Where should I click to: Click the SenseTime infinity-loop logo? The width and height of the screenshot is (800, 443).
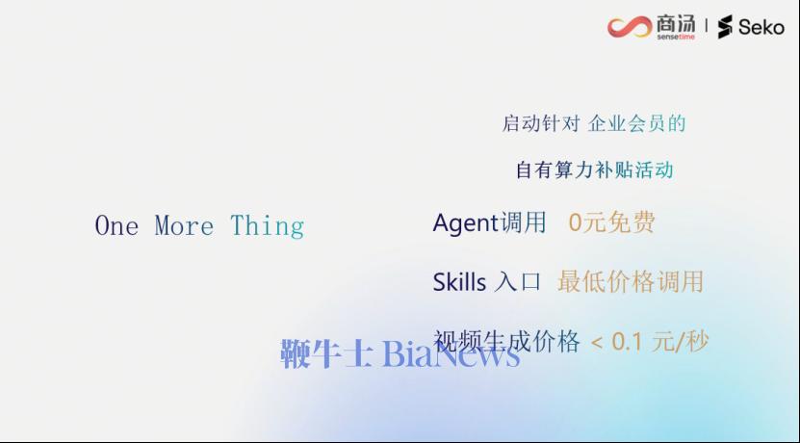630,27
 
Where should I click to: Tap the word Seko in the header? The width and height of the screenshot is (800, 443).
761,27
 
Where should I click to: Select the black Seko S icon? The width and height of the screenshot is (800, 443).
725,27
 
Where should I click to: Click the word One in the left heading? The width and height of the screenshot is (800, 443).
116,225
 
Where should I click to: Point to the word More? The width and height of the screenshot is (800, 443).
184,225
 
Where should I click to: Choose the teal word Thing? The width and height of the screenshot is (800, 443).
268,226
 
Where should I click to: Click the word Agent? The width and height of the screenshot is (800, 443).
466,223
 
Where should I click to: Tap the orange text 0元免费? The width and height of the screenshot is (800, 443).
611,222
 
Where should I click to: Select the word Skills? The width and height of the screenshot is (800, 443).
459,282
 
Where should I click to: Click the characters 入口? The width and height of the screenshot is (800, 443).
517,282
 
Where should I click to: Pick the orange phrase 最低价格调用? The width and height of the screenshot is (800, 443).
631,281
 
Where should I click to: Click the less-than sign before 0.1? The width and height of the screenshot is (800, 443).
597,343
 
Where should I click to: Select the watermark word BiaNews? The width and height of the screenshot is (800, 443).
451,352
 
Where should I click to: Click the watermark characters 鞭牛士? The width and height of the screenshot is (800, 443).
327,353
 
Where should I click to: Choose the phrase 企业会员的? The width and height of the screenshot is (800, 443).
636,124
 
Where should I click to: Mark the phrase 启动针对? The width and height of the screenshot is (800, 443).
541,124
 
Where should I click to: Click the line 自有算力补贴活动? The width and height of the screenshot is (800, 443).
594,169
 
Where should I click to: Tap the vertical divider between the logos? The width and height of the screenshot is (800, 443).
706,25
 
